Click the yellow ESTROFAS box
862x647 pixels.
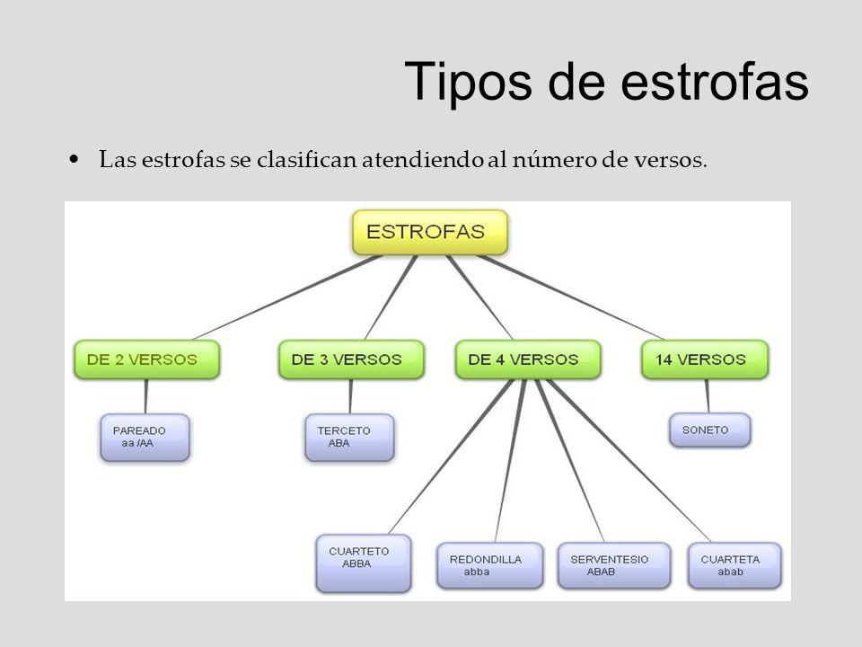pyautogui.click(x=430, y=232)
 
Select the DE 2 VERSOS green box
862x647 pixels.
pyautogui.click(x=146, y=359)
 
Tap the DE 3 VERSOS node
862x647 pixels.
pyautogui.click(x=351, y=359)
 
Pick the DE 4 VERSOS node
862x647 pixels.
pyautogui.click(x=528, y=359)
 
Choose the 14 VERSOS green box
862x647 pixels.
pyautogui.click(x=705, y=359)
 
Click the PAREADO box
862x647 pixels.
pyautogui.click(x=145, y=438)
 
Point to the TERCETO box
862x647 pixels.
pyautogui.click(x=349, y=438)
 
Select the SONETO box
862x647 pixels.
pyautogui.click(x=709, y=430)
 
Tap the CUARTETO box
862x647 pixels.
pyautogui.click(x=364, y=563)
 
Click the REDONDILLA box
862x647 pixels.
pyautogui.click(x=490, y=565)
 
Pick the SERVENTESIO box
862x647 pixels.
pyautogui.click(x=614, y=565)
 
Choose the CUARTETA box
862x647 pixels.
pyautogui.click(x=734, y=565)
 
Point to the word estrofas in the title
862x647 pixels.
pyautogui.click(x=715, y=81)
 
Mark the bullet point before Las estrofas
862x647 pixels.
pyautogui.click(x=75, y=160)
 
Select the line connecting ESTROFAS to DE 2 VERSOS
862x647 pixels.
pyautogui.click(x=287, y=297)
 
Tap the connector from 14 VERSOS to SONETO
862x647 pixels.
pyautogui.click(x=708, y=396)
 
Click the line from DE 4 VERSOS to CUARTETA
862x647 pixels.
pyautogui.click(x=629, y=461)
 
